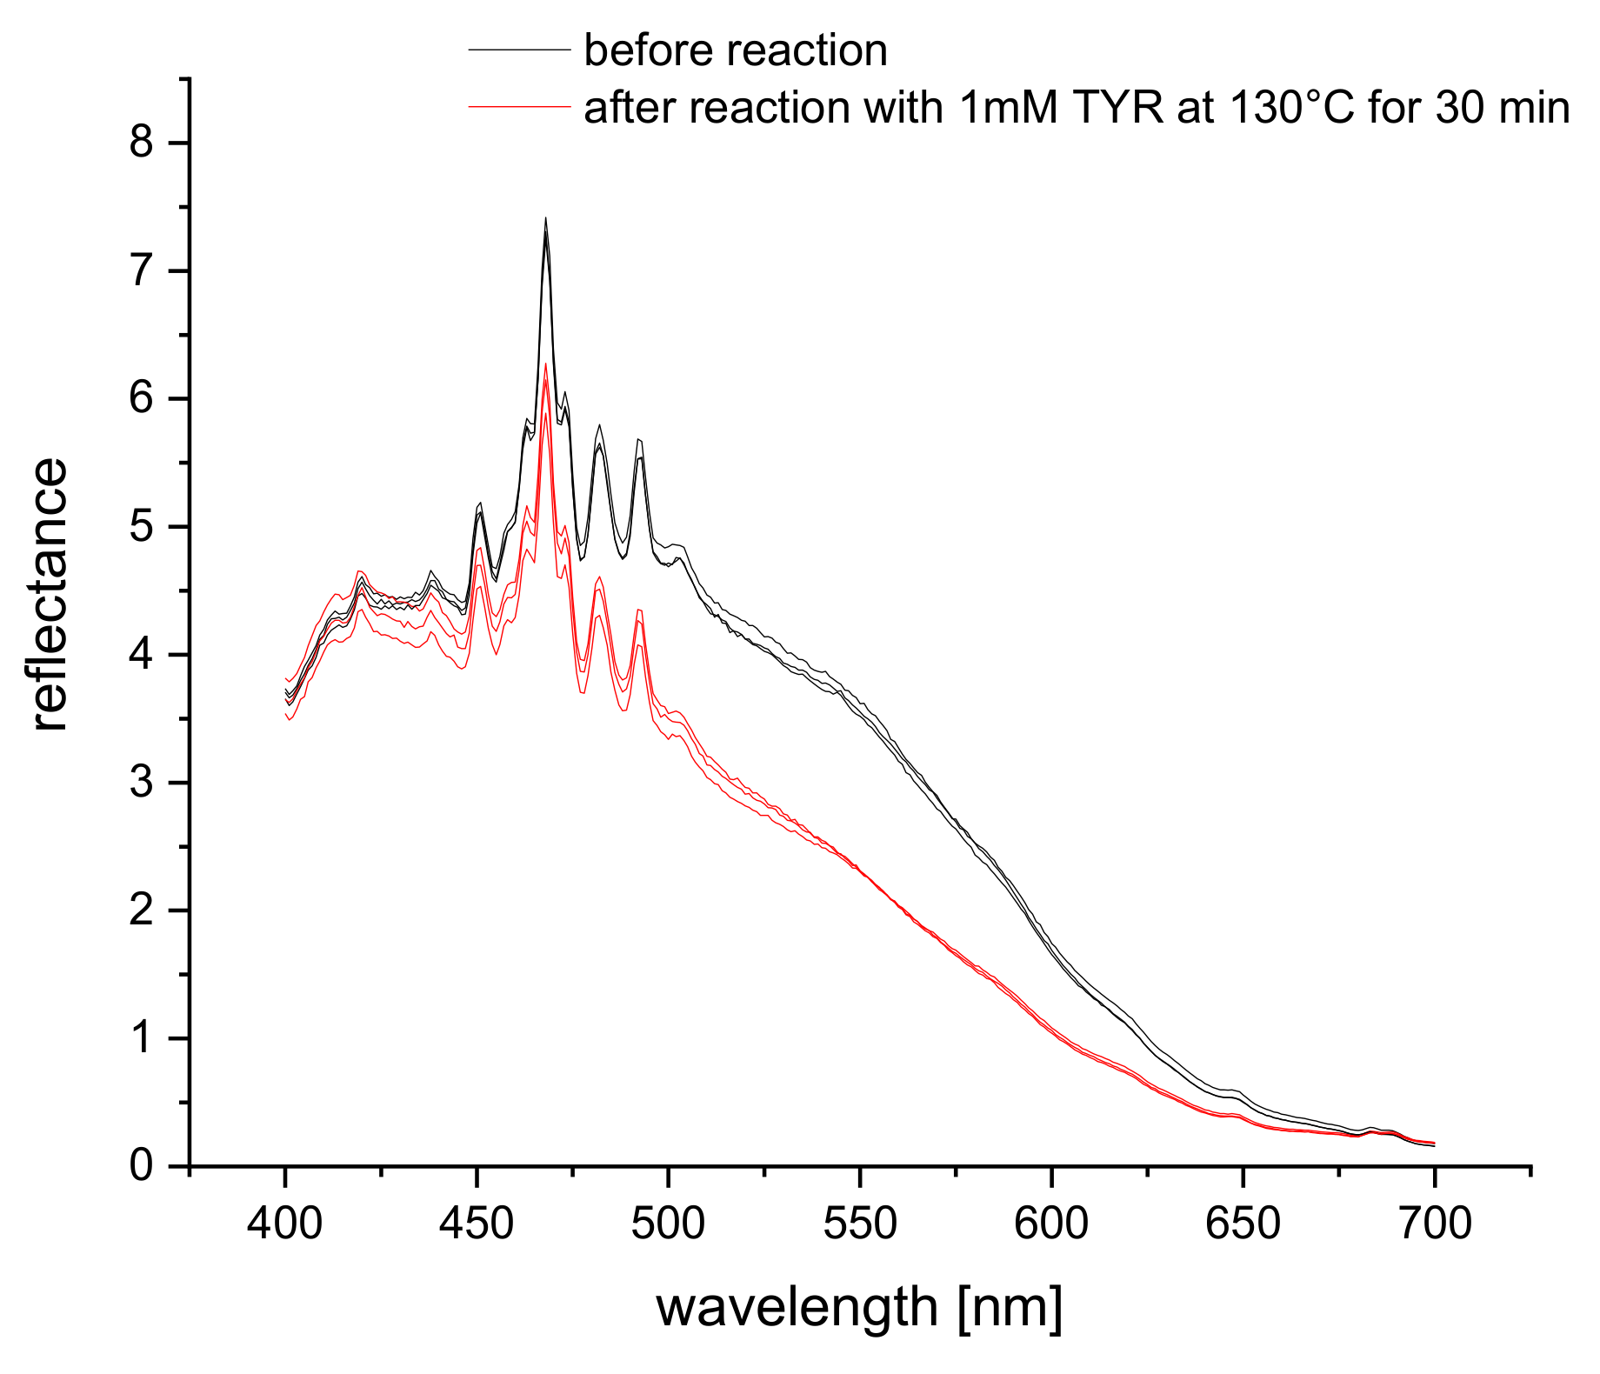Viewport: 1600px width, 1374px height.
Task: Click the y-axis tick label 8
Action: coord(141,143)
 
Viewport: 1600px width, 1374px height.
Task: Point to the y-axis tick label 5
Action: coord(141,527)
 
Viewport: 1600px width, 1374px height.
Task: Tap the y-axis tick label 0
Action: coord(141,1166)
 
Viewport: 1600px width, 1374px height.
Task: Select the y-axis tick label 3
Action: coord(141,783)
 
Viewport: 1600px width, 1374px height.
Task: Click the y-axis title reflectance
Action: coord(50,595)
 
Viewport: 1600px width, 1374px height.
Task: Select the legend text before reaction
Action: coord(736,50)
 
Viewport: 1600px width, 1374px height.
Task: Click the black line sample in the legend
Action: coord(519,50)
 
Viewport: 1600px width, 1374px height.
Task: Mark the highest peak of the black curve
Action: coord(545,220)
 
